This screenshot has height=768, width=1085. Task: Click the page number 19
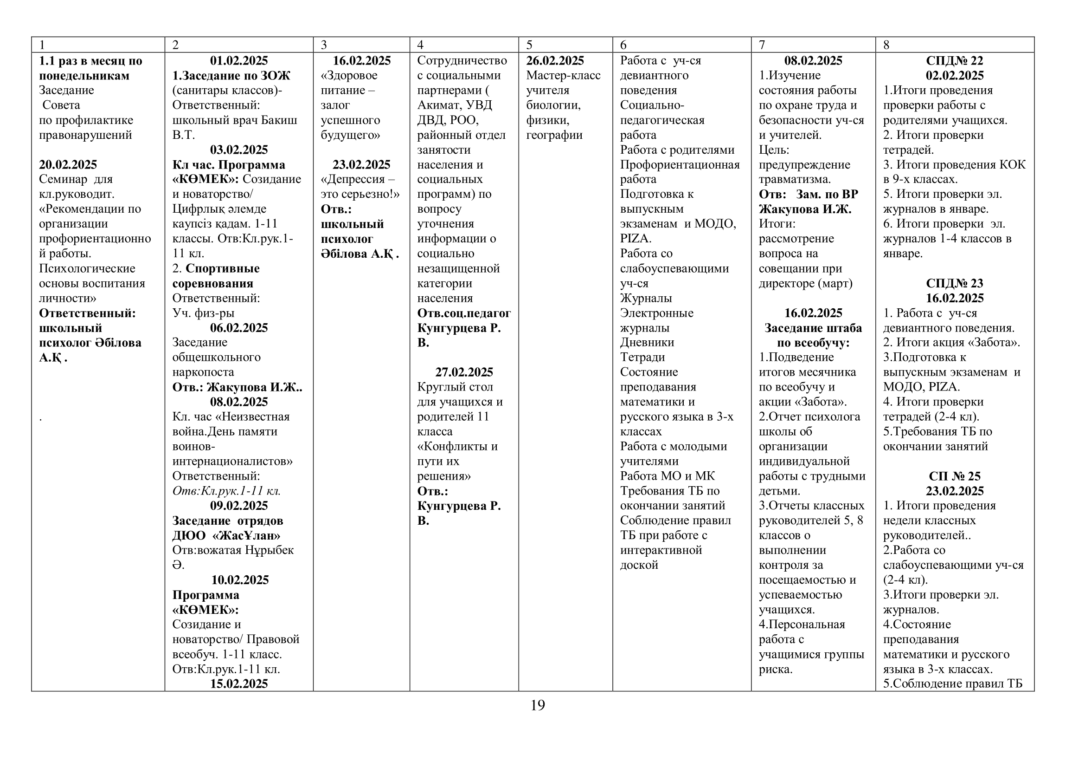(537, 706)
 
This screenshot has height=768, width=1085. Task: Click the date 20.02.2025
(68, 164)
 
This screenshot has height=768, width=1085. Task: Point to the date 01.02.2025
(238, 60)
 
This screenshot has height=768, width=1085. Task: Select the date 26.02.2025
(555, 60)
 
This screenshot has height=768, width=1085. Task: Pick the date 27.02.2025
(464, 372)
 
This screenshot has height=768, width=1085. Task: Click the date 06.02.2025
(238, 328)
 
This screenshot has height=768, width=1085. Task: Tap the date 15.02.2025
(238, 684)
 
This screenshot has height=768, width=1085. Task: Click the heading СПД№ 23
(954, 283)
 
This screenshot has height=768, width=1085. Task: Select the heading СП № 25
(954, 476)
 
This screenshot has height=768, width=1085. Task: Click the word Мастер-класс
(563, 75)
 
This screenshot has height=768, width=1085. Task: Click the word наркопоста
(203, 372)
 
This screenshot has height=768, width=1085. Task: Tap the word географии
(554, 135)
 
